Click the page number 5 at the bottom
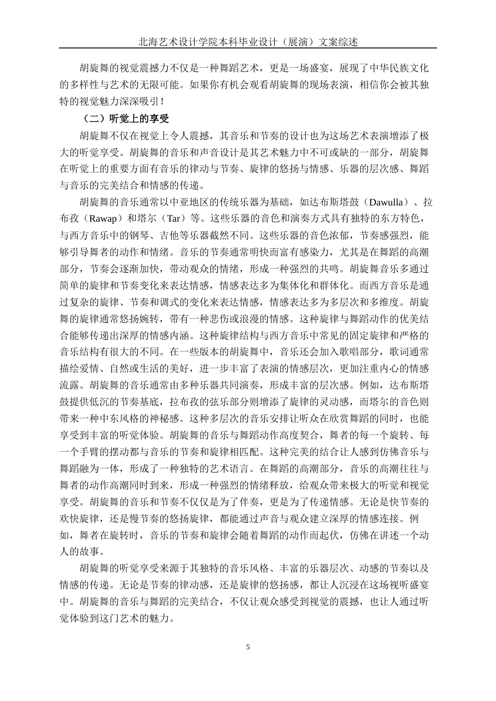click(x=248, y=647)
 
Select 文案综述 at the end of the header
click(x=339, y=42)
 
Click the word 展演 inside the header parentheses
click(x=297, y=42)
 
